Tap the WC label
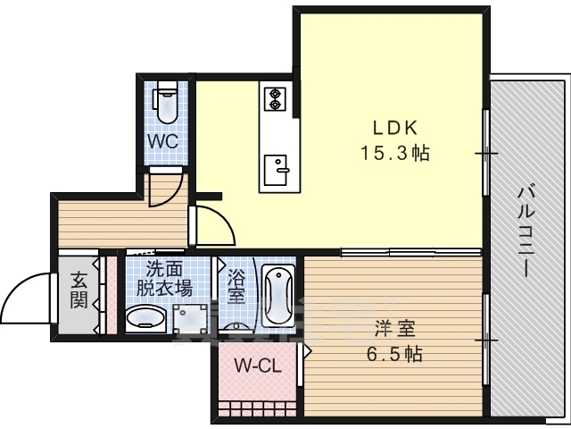162,141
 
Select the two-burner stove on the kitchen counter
275,99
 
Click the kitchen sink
276,170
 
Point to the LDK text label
394,128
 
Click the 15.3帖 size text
394,153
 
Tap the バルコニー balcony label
525,231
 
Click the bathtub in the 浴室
278,296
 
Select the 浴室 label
236,286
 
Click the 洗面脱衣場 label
164,279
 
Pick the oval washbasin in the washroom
145,317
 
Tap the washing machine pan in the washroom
190,318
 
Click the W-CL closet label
258,366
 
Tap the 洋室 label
395,329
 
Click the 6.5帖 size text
394,354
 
